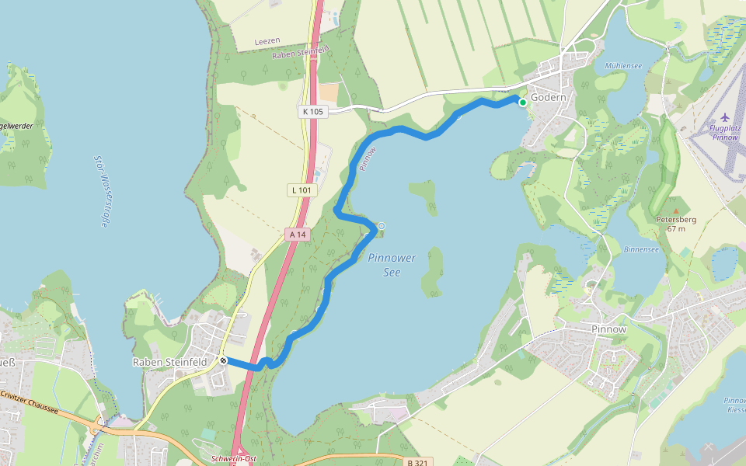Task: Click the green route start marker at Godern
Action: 523,103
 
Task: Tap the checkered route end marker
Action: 223,360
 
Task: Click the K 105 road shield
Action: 312,112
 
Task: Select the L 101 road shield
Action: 301,190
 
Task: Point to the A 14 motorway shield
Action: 297,234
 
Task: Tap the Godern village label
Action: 548,98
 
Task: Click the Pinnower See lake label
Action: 392,265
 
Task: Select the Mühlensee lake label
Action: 623,66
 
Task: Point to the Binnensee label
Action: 641,249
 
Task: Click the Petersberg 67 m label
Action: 676,224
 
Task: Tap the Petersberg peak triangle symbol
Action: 676,210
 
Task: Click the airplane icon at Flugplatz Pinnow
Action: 726,116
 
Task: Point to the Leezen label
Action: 267,40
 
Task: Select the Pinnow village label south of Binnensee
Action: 608,329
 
